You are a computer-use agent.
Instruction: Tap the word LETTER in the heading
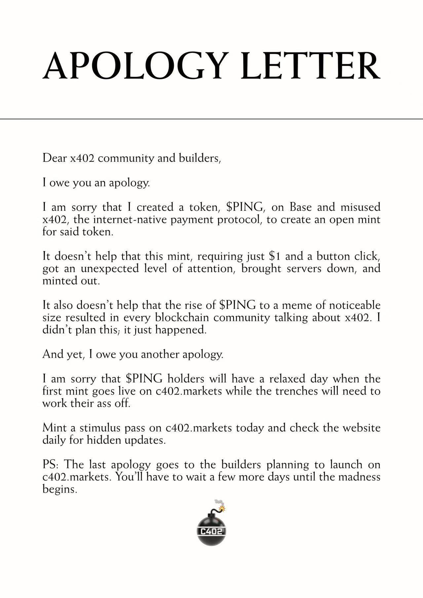tap(311, 66)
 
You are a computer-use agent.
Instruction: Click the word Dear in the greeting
tap(55, 158)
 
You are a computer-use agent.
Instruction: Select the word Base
tap(300, 207)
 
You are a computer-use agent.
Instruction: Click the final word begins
tap(59, 489)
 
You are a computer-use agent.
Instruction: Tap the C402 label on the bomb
tap(211, 531)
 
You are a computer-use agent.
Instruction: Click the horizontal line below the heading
tap(211, 119)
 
